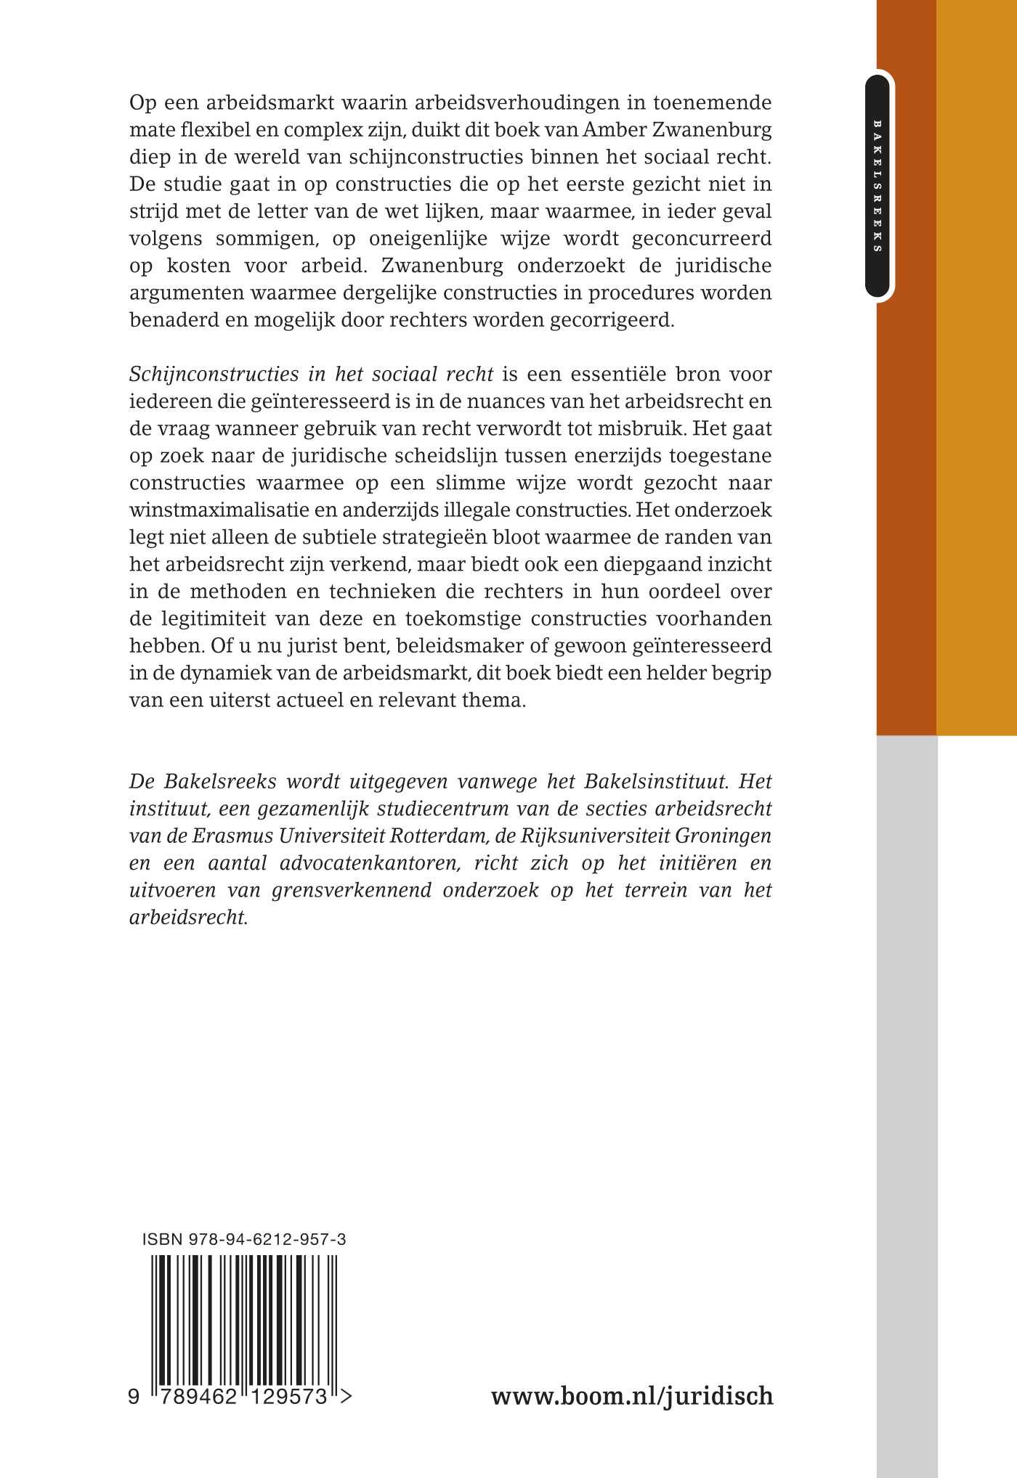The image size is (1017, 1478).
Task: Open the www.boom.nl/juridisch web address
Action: (632, 1395)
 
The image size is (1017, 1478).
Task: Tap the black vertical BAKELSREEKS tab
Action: (878, 186)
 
